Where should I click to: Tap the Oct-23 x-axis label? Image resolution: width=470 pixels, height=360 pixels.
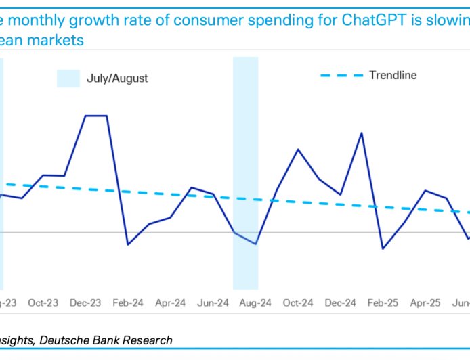(x=43, y=303)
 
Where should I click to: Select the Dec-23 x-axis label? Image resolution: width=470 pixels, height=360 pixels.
(x=85, y=303)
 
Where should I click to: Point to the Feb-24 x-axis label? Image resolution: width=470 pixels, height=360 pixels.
(x=128, y=303)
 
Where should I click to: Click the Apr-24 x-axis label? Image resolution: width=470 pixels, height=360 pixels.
(x=171, y=303)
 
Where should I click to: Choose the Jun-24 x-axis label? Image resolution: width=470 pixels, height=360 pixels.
(x=213, y=303)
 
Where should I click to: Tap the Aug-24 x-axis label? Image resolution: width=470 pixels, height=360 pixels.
(x=255, y=303)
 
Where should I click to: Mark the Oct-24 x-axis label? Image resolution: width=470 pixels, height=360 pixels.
(x=298, y=303)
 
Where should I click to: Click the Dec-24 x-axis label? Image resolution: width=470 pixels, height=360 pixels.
(x=341, y=303)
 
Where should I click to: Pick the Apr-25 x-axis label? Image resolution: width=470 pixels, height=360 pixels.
(x=425, y=303)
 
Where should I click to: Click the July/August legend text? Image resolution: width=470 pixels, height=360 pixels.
(x=117, y=78)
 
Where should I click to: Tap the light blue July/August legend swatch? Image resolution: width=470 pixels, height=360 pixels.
(x=68, y=78)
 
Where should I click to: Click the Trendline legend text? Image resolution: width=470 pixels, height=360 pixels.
(x=393, y=75)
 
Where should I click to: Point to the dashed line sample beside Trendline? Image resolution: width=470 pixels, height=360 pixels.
(x=342, y=75)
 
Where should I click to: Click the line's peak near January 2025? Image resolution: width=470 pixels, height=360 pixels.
(x=362, y=133)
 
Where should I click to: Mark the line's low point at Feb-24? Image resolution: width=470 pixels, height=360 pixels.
(x=128, y=244)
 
